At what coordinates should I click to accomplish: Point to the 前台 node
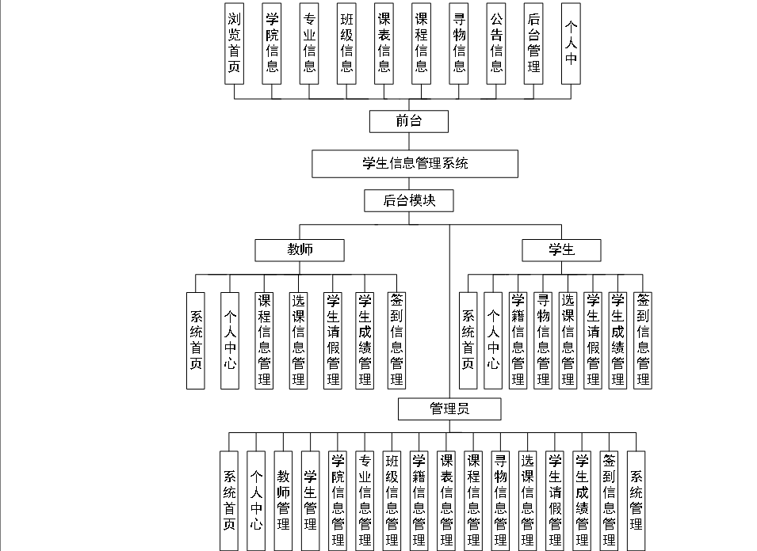point(409,121)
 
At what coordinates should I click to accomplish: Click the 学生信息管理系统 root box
point(415,164)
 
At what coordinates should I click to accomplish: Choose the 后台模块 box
point(409,200)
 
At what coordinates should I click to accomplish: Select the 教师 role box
point(300,249)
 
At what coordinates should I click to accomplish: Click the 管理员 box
point(449,408)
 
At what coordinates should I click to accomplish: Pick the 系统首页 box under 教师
point(196,340)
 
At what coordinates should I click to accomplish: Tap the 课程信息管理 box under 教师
point(265,340)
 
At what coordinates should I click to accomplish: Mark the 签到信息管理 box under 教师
point(397,340)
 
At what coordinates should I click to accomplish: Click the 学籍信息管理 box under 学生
point(518,340)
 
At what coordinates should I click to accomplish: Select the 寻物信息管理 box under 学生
point(543,340)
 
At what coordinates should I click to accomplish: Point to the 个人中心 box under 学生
point(493,340)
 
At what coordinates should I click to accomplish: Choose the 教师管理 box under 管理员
point(283,500)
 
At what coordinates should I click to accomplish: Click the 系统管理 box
point(636,500)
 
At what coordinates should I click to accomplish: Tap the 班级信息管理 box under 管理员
point(392,500)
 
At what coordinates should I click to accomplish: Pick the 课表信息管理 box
point(446,500)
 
